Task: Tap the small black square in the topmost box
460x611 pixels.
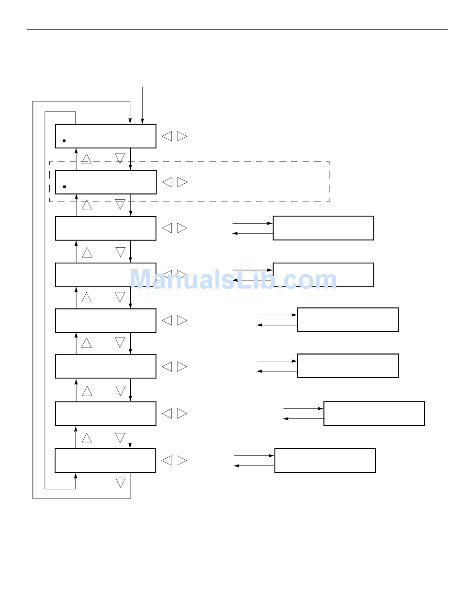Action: click(64, 141)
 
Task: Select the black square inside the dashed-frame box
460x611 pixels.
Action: click(64, 187)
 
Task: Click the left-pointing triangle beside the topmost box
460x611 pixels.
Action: click(167, 136)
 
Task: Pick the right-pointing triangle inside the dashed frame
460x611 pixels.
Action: click(182, 182)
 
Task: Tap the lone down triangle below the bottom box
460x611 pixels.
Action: click(121, 482)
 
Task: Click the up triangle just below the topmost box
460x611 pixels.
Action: click(87, 159)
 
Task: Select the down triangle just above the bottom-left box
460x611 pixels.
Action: click(121, 438)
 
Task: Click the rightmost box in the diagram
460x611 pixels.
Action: click(374, 413)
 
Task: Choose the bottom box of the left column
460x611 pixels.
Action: click(105, 460)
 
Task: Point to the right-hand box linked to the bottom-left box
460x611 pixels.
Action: click(325, 460)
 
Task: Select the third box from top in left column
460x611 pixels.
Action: click(106, 228)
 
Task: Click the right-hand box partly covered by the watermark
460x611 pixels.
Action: click(323, 274)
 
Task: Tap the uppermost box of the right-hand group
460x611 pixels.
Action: click(323, 228)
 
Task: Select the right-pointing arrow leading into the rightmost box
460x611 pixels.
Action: click(303, 408)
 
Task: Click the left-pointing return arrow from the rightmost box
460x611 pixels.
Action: click(303, 418)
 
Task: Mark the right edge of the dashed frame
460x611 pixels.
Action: click(329, 182)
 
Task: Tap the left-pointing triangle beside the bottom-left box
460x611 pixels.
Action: click(167, 461)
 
